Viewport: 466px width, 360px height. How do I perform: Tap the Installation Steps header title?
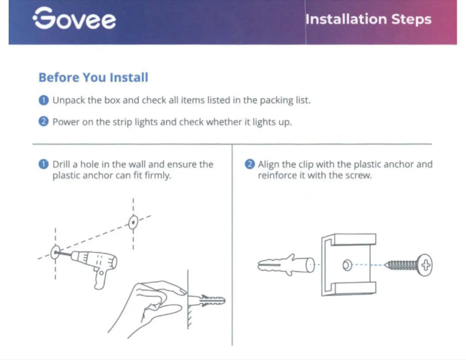coord(368,19)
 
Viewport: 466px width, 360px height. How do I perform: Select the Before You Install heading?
coord(93,77)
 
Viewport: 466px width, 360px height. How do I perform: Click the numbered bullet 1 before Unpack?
coord(44,100)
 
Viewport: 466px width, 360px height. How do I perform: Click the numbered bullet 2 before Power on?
coord(44,122)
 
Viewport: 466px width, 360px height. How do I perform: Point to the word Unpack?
coord(69,100)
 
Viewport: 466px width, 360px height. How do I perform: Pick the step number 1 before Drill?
coord(44,164)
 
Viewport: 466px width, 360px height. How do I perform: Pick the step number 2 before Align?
coord(250,164)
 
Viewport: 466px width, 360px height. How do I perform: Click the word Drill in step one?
coord(63,164)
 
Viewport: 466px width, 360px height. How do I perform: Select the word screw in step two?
coord(357,175)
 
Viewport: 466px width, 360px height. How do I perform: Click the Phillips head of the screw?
coord(426,265)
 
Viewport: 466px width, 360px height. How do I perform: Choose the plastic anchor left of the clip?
coord(285,265)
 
